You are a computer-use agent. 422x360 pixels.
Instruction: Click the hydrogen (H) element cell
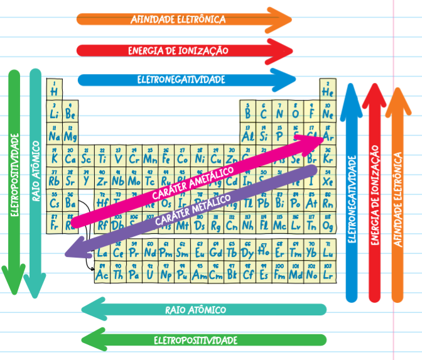(54, 89)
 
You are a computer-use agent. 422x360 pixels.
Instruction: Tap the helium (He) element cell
(327, 90)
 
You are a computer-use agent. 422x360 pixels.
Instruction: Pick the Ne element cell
(327, 112)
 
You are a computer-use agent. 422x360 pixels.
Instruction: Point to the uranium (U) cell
(149, 273)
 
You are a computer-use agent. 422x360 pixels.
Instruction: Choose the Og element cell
(327, 224)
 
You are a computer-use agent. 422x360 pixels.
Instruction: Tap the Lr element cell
(327, 273)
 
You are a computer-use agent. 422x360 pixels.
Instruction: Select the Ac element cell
(102, 273)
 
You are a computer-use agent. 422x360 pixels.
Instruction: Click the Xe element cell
(327, 179)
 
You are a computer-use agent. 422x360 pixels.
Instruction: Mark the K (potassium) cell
(54, 157)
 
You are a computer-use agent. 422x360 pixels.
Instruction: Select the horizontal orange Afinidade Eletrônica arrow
(182, 19)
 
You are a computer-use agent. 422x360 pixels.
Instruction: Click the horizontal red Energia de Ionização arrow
(182, 50)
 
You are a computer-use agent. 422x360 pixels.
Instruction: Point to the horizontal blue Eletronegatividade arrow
(182, 80)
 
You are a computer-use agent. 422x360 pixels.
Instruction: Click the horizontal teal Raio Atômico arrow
(201, 310)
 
